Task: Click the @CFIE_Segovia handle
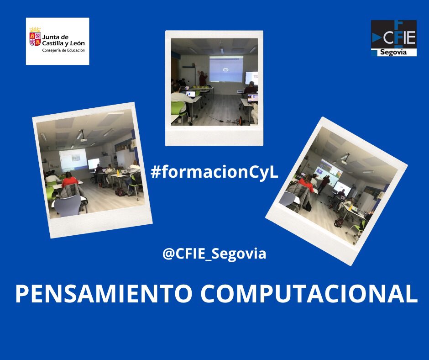pos(214,253)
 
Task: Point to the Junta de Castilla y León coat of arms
pos(35,37)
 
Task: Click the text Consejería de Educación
pos(63,50)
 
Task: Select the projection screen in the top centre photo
pos(225,69)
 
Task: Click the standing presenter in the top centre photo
pos(203,79)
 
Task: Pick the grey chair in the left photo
pos(68,205)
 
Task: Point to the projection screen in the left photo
pos(73,159)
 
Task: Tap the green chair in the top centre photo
pos(178,108)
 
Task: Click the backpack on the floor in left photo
pos(120,192)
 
